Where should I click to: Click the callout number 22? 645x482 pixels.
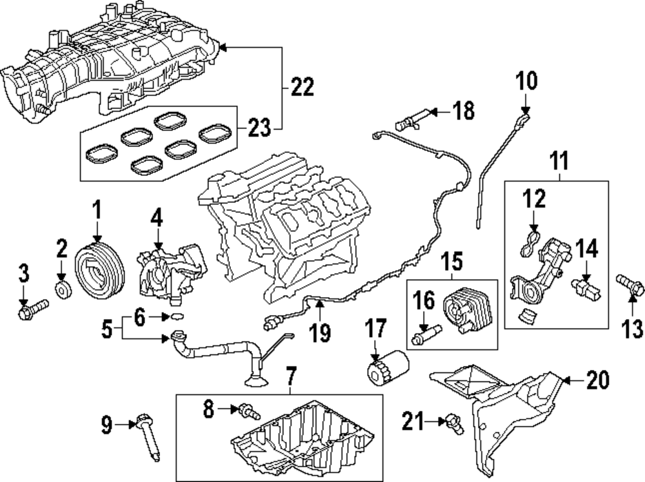click(x=301, y=86)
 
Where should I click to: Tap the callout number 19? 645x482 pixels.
click(x=320, y=333)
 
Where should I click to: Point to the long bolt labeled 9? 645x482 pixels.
click(x=149, y=440)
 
